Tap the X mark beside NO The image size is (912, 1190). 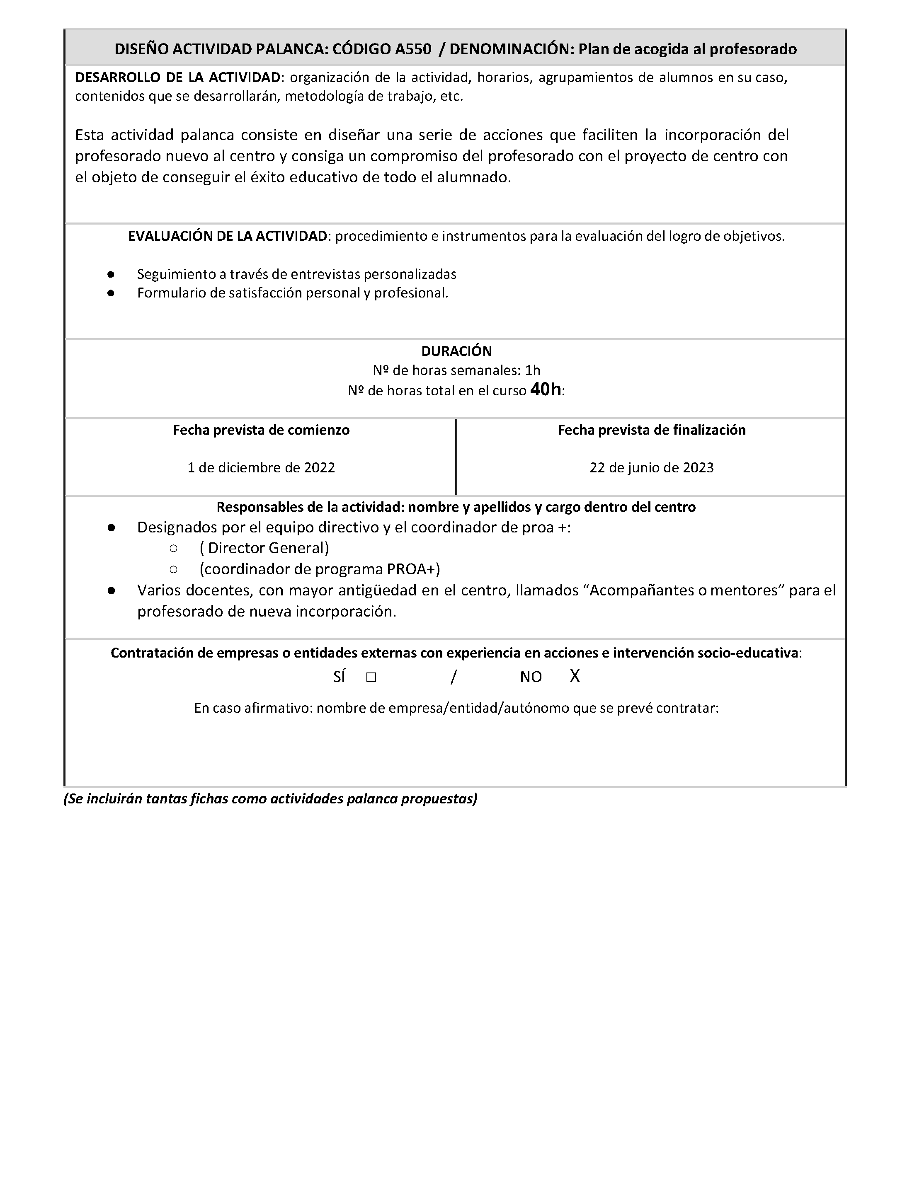pos(575,676)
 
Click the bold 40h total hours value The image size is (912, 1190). pos(546,389)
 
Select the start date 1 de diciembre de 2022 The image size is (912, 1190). pos(261,468)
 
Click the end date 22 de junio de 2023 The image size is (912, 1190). pos(651,468)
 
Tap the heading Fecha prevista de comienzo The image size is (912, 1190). pos(261,431)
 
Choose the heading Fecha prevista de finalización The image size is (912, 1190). pos(651,431)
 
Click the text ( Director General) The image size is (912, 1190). pos(264,548)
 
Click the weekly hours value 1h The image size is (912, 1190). pos(533,370)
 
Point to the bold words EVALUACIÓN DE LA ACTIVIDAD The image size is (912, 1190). pos(228,237)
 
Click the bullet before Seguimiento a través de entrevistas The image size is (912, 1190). pos(111,274)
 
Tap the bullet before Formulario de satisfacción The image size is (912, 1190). pos(111,293)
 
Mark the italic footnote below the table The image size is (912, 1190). pos(270,799)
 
